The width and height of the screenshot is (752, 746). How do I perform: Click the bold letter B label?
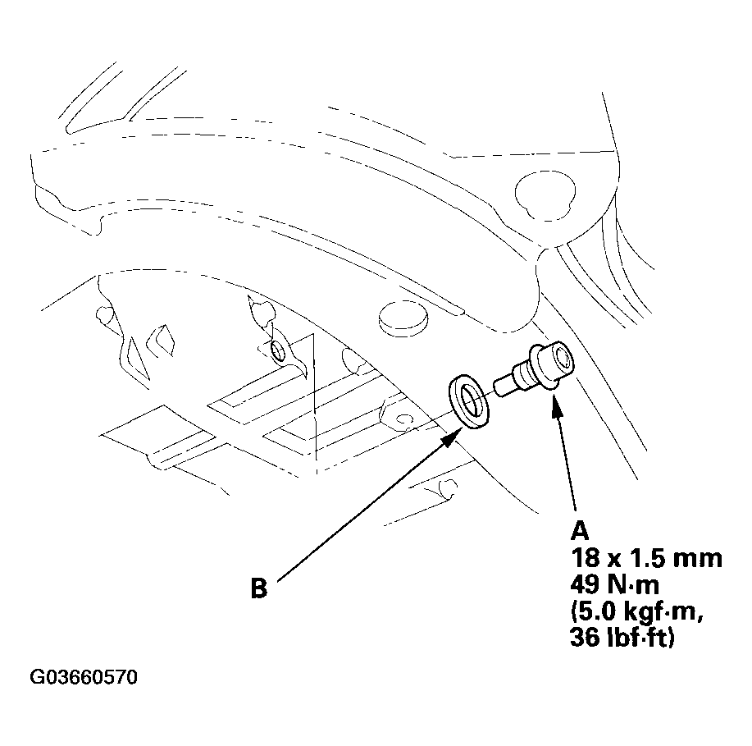pyautogui.click(x=259, y=589)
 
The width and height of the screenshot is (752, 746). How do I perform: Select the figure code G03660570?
pyautogui.click(x=84, y=678)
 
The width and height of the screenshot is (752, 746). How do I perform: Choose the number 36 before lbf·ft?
pyautogui.click(x=585, y=638)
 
